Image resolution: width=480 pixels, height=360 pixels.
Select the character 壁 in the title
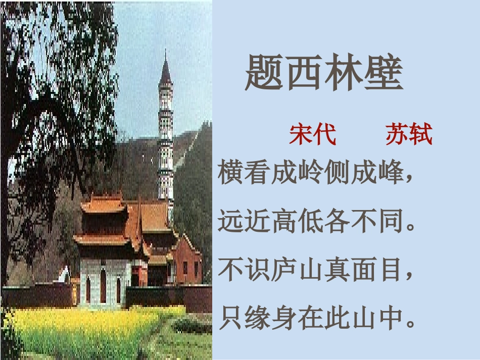pyautogui.click(x=383, y=73)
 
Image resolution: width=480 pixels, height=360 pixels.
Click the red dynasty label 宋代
pyautogui.click(x=312, y=135)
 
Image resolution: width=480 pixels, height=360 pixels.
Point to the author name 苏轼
pyautogui.click(x=409, y=135)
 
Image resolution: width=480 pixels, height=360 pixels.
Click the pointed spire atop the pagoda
pyautogui.click(x=165, y=68)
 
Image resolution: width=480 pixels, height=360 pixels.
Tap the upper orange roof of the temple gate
pyautogui.click(x=104, y=204)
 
